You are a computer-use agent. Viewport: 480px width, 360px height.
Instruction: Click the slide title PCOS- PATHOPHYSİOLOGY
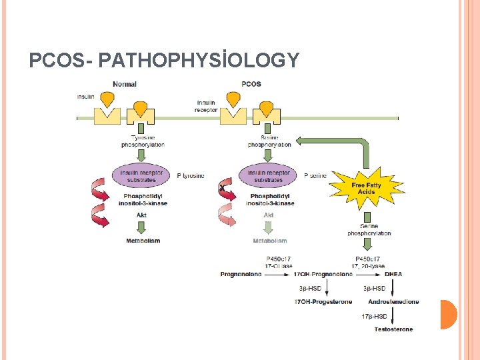164,61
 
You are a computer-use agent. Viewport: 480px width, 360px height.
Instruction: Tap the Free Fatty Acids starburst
366,188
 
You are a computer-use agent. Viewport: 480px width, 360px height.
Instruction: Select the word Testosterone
393,329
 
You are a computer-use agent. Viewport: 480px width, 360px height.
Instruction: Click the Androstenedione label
393,302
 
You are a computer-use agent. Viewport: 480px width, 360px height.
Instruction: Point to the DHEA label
393,274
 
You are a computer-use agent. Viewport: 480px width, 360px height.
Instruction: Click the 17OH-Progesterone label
323,302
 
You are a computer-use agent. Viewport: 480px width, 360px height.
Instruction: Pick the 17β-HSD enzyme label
374,315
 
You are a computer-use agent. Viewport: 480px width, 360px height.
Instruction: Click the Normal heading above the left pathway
125,84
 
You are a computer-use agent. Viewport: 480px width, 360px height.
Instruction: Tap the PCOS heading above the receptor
251,84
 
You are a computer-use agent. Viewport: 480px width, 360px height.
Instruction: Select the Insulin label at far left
85,96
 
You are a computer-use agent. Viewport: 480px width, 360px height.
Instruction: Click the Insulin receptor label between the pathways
206,107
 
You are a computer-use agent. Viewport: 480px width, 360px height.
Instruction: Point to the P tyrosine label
191,176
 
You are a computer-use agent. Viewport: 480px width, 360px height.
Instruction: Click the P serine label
315,176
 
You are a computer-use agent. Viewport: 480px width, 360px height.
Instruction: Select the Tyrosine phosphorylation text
143,141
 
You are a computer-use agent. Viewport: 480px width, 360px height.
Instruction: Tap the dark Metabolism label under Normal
143,241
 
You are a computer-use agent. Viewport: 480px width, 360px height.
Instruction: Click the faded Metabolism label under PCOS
270,241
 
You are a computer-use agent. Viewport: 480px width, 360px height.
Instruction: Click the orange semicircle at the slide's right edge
448,315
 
